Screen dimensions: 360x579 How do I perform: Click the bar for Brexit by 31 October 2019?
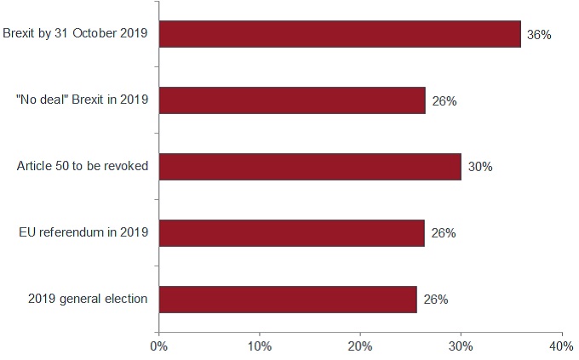(340, 34)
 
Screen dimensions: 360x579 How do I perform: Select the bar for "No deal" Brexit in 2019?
(292, 100)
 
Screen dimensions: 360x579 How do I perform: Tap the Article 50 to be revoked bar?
(310, 167)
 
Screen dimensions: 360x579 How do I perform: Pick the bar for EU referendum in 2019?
(291, 232)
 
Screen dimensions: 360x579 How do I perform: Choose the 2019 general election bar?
(288, 299)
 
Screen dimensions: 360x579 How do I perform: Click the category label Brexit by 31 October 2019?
(76, 34)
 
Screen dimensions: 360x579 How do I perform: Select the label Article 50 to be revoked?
(83, 166)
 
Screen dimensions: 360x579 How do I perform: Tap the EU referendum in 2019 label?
(84, 232)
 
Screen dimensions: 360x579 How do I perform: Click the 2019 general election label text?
(88, 299)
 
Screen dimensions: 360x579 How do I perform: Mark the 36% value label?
(539, 35)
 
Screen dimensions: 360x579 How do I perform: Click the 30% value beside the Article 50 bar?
(480, 167)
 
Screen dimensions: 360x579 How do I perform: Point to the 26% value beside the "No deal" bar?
(444, 101)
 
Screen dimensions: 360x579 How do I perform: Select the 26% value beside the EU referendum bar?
(443, 233)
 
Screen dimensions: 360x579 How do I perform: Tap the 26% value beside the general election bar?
(436, 300)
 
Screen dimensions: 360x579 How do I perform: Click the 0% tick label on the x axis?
(158, 346)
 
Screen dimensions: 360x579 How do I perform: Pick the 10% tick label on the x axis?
(259, 346)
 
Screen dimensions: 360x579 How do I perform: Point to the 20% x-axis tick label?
(360, 346)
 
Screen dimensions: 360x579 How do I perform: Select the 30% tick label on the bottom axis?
(461, 346)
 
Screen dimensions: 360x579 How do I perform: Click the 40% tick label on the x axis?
(561, 346)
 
